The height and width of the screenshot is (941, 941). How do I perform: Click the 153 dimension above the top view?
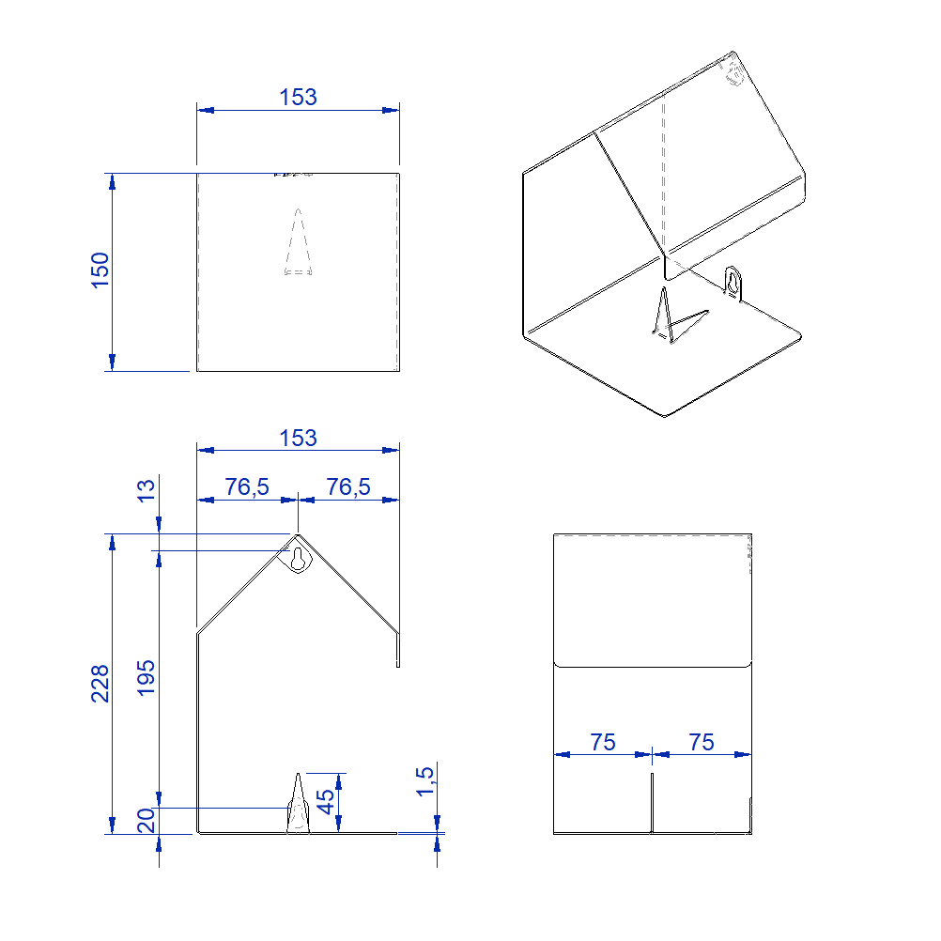pos(298,97)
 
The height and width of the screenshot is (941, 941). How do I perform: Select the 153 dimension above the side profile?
pos(298,438)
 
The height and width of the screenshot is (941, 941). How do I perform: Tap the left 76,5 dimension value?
pos(247,486)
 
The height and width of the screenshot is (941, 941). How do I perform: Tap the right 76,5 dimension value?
pos(347,486)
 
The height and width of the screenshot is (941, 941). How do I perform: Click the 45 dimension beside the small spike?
pos(326,801)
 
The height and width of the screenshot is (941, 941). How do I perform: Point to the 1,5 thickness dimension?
pos(424,781)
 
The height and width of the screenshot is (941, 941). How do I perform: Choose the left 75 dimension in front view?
pos(603,743)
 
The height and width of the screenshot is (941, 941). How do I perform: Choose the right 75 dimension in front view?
pos(702,743)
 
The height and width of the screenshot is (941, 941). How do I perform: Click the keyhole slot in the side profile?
pos(298,560)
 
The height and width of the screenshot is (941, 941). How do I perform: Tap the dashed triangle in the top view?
pos(298,242)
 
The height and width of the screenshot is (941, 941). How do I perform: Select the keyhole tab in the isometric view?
pos(733,283)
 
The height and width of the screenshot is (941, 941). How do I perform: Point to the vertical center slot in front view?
pos(652,804)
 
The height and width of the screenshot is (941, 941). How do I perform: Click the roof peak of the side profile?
pos(298,535)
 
